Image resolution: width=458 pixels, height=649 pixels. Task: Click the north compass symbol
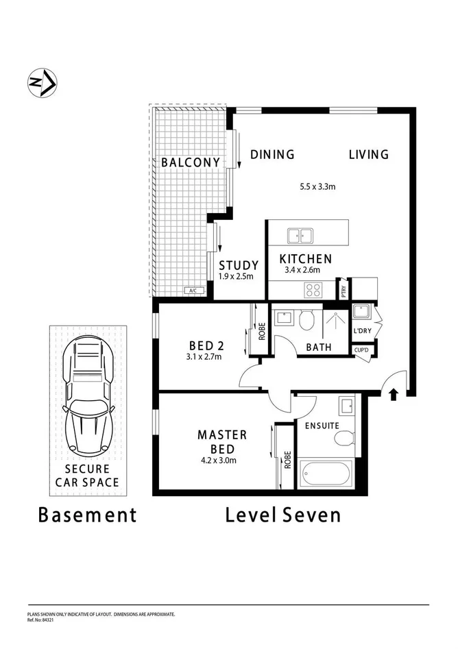[42, 83]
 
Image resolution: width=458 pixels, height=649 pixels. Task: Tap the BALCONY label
[191, 162]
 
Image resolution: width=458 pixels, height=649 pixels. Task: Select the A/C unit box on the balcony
[193, 291]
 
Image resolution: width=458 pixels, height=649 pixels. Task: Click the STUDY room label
[239, 265]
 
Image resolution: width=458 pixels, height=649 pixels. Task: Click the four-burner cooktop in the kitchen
[313, 291]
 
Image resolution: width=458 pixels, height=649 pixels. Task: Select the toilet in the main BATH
[308, 319]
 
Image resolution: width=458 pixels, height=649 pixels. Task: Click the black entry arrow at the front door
[394, 393]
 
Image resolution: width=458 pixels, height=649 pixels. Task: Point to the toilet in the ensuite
[346, 437]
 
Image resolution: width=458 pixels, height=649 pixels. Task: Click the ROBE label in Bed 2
[261, 332]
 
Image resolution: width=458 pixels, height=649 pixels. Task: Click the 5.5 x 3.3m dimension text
[317, 186]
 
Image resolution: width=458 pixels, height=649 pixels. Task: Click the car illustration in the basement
[87, 397]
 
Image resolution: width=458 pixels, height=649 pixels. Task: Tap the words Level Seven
[282, 515]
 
